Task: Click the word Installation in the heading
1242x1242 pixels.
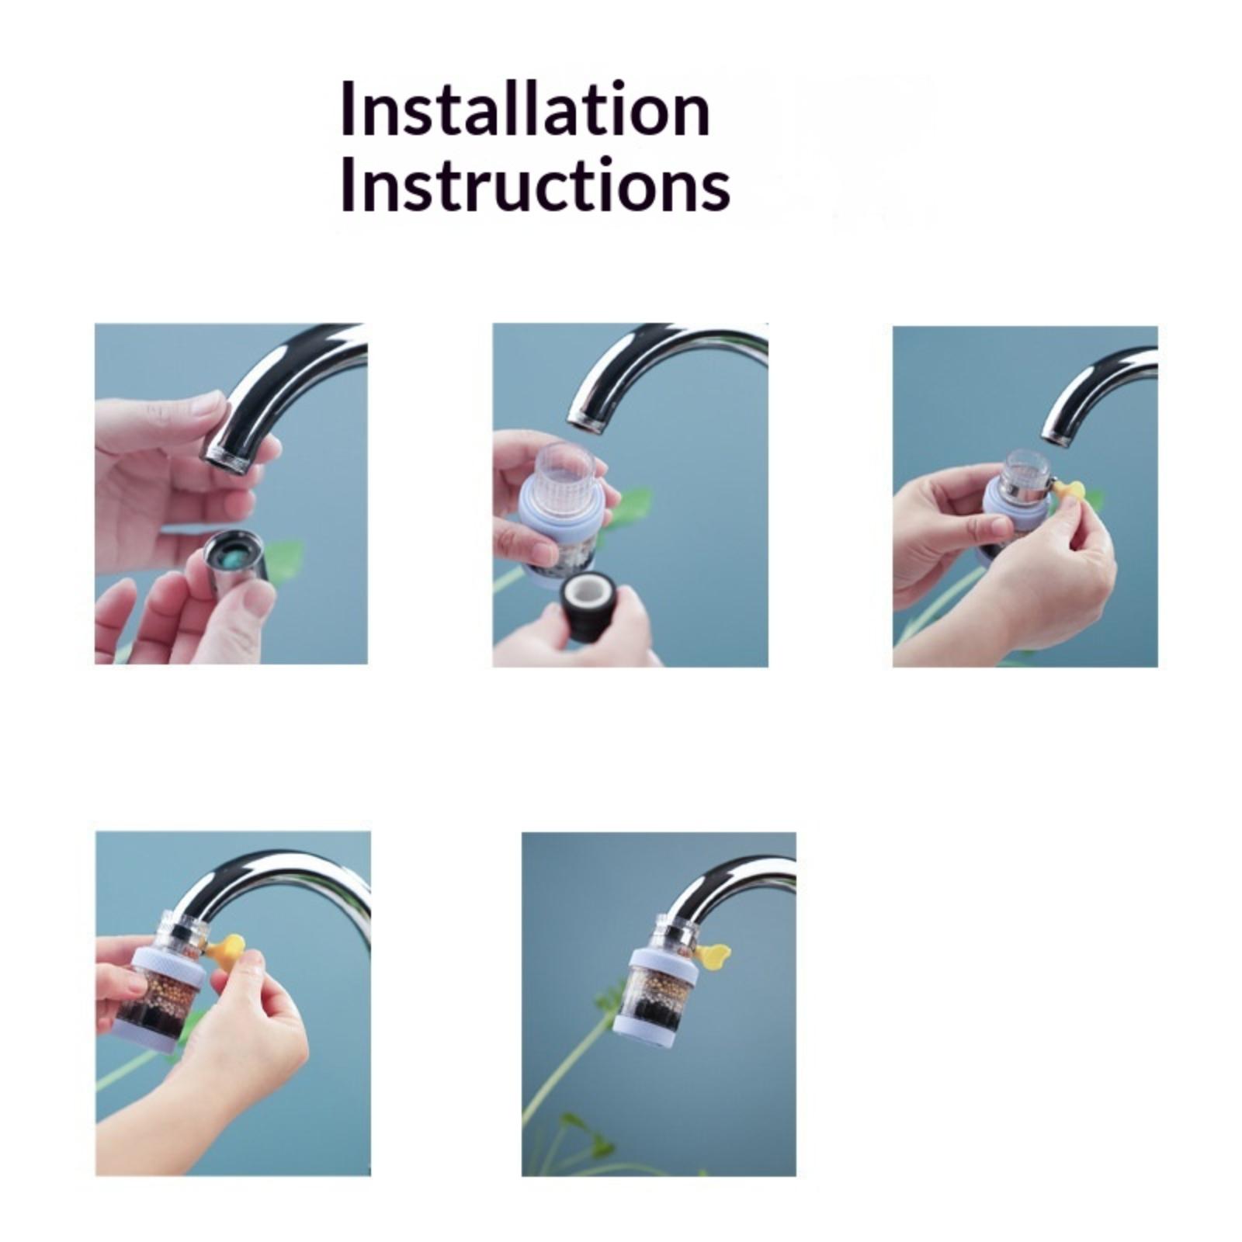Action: coord(525,109)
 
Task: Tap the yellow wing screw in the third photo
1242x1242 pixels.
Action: coord(1070,491)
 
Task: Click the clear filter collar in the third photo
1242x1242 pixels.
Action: coord(1026,474)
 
